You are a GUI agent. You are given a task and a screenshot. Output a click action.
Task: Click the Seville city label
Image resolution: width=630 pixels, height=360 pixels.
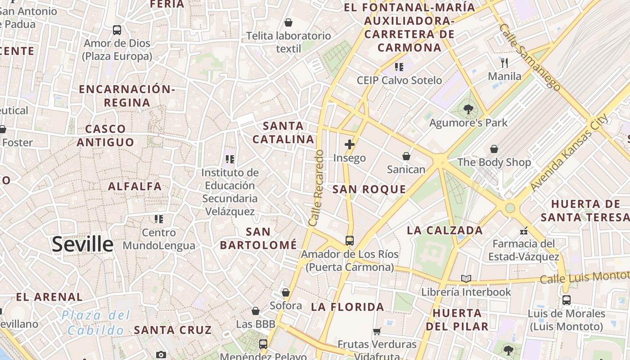click(x=82, y=244)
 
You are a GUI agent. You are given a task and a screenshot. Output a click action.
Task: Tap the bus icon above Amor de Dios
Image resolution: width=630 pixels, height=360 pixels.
click(x=117, y=30)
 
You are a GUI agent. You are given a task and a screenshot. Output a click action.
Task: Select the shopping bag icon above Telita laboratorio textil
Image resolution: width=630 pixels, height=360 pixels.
click(x=288, y=22)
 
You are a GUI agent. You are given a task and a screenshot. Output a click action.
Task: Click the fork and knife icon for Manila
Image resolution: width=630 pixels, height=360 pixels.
click(x=504, y=63)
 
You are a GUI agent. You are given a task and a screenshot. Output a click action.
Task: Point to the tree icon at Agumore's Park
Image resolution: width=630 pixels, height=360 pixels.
click(x=468, y=109)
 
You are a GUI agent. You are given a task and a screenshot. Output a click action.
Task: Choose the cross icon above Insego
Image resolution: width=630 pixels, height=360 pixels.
click(x=350, y=144)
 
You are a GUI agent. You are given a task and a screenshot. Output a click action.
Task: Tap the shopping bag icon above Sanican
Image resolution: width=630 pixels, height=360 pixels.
click(x=406, y=156)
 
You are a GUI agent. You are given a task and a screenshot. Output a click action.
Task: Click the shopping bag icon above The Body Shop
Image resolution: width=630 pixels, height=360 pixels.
click(x=494, y=149)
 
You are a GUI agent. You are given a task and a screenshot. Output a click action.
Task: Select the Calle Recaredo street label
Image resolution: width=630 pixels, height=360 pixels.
click(x=316, y=188)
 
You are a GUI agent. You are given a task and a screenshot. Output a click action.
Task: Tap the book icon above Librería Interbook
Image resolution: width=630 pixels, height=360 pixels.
click(x=466, y=279)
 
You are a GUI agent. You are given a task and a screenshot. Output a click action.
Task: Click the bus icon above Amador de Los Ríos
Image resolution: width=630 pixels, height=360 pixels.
click(x=350, y=241)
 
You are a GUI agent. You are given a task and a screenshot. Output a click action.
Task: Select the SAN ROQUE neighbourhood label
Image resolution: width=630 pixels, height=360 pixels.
click(x=369, y=189)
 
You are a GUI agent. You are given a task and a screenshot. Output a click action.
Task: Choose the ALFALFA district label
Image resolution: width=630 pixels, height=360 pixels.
click(x=135, y=186)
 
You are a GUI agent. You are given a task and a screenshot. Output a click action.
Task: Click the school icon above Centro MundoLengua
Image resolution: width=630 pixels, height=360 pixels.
click(x=158, y=219)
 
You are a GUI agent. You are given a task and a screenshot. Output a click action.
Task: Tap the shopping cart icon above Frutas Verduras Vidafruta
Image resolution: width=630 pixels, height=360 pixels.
click(x=377, y=332)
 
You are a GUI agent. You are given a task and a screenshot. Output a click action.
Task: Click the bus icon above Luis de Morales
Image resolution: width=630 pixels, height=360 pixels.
click(x=566, y=300)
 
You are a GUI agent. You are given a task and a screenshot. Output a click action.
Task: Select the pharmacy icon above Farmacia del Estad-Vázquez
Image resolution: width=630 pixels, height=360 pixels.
click(x=523, y=231)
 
